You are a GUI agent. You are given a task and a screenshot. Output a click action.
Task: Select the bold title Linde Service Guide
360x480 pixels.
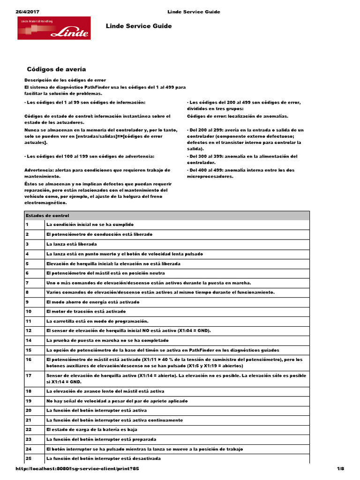[x=139, y=26]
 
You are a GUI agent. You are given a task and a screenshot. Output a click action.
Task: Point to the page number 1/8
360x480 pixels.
[x=341, y=469]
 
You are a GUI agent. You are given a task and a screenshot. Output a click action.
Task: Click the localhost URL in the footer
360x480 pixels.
[x=77, y=469]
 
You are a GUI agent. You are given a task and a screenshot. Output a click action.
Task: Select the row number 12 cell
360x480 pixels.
[x=29, y=330]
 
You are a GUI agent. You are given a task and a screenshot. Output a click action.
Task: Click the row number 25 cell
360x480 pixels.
[x=29, y=458]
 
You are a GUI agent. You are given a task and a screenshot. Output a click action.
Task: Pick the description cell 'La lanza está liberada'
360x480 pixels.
[x=71, y=244]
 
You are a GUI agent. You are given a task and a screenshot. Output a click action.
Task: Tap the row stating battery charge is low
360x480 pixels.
[x=91, y=429]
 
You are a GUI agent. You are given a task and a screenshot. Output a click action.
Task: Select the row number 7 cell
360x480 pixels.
[x=28, y=283]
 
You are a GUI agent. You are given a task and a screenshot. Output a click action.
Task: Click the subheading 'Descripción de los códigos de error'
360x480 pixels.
[x=65, y=80]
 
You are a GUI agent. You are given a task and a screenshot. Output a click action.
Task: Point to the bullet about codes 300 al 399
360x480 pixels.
[x=242, y=159]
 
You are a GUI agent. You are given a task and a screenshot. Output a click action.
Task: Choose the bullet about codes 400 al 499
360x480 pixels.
[x=242, y=173]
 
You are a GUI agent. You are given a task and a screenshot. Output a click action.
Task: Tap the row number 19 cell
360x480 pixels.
[x=29, y=401]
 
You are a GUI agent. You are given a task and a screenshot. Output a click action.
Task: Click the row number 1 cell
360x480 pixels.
[x=28, y=225]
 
